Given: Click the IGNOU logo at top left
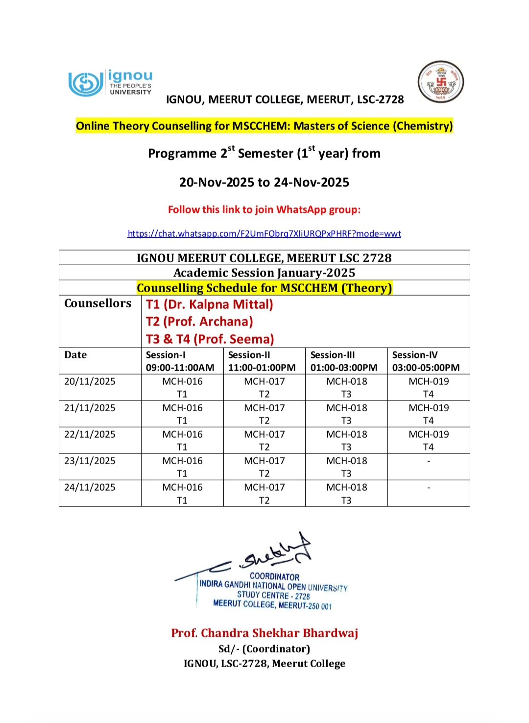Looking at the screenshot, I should point(110,83).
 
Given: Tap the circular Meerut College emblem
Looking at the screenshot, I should point(440,82).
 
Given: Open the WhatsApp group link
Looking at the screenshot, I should point(264,234).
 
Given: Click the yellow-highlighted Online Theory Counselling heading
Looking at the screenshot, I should point(264,126).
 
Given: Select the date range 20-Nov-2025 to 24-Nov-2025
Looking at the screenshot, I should point(264,182).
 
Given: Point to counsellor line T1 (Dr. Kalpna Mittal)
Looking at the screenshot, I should point(209,304).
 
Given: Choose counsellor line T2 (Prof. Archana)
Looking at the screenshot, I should point(199,322).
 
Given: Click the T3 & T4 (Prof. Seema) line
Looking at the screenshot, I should point(210,339).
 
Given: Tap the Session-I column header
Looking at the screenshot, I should point(180,361).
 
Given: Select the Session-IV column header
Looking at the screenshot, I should point(426,361).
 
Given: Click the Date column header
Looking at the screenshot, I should point(75,355).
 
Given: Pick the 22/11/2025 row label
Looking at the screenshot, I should point(90,434).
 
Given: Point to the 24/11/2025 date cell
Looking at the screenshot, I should point(90,487).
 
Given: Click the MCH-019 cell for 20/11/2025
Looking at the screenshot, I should point(429,387).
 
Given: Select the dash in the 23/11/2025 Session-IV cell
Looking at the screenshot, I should point(429,461).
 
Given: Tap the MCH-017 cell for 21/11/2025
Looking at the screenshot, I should point(264,414).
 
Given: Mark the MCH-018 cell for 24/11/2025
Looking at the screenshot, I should point(346,493).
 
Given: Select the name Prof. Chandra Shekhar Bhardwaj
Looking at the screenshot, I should point(264,633).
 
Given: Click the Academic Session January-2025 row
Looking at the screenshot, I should point(264,273).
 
